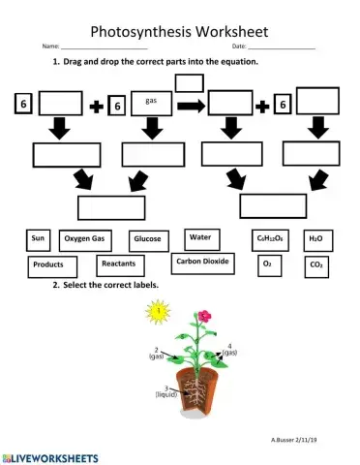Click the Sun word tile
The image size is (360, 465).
click(x=40, y=237)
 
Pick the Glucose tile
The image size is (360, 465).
click(x=147, y=238)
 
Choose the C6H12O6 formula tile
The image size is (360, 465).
click(x=269, y=237)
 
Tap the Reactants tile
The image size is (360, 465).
click(x=119, y=263)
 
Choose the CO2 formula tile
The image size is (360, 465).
click(x=316, y=263)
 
